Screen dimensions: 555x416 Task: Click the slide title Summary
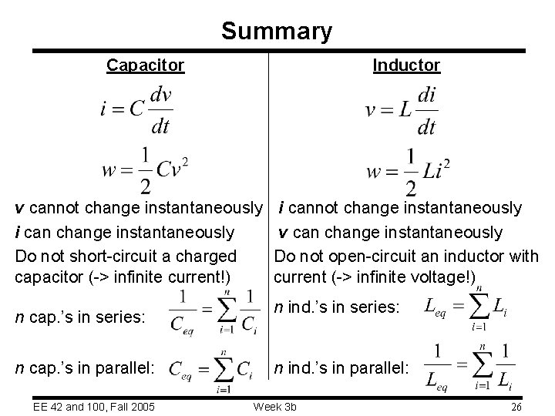[x=277, y=31]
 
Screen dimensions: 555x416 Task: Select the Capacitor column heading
[x=146, y=65]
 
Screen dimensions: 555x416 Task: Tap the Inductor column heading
[x=406, y=65]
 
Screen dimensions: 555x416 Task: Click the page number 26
[x=516, y=406]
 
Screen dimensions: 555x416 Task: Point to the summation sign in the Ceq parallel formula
[x=222, y=370]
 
